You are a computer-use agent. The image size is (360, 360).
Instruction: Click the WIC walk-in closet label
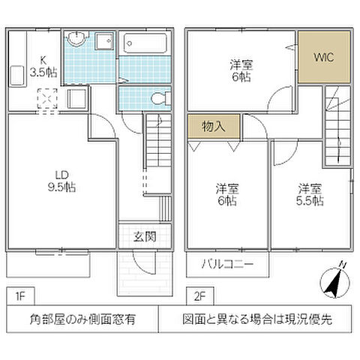click(x=323, y=56)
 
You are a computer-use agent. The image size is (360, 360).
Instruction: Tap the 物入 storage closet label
click(x=214, y=127)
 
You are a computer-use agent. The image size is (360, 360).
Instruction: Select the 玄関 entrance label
click(x=145, y=237)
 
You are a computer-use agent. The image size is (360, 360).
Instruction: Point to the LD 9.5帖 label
click(x=63, y=181)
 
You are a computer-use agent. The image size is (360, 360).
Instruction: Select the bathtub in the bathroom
click(x=145, y=42)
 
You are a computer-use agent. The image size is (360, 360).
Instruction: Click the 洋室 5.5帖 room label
click(x=309, y=193)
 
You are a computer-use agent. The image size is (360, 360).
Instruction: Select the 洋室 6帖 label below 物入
click(x=227, y=193)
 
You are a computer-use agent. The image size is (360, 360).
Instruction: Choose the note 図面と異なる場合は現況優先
click(x=257, y=319)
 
